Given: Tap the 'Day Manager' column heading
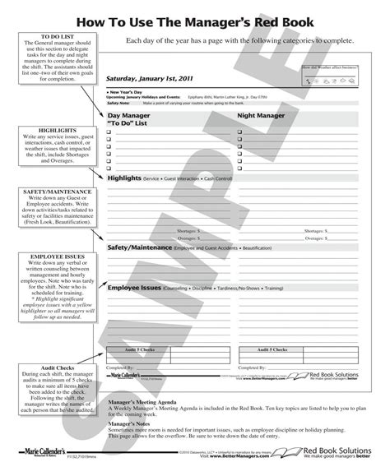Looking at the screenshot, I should coord(132,118).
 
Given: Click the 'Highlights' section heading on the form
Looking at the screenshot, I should coord(124,177).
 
